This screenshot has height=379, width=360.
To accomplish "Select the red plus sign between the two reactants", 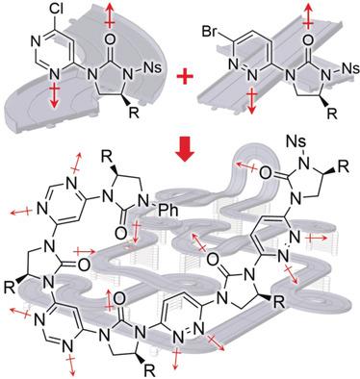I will (x=180, y=70).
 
